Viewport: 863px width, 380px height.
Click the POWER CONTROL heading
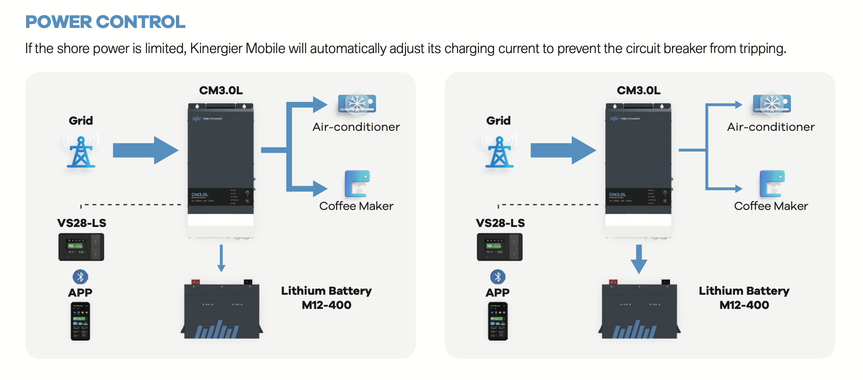(105, 22)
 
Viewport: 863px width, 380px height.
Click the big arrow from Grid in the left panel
(145, 150)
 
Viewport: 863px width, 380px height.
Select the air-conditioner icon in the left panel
(357, 104)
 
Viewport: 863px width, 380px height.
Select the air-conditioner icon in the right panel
(771, 104)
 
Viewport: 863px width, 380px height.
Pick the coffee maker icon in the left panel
(357, 183)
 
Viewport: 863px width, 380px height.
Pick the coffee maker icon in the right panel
(772, 183)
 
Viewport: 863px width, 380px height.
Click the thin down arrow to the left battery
(221, 258)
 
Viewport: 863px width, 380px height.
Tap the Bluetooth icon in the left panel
(80, 277)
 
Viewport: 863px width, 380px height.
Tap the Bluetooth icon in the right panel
(497, 277)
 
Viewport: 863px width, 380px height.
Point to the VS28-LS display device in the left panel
(81, 247)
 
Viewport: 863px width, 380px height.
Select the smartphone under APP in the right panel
(497, 321)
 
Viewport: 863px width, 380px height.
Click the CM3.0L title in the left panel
(221, 90)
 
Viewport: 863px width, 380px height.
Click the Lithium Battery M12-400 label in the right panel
(744, 298)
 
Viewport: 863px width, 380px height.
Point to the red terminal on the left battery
(195, 282)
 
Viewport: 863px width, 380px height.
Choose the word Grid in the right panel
(498, 121)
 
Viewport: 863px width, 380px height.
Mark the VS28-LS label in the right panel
(500, 223)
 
